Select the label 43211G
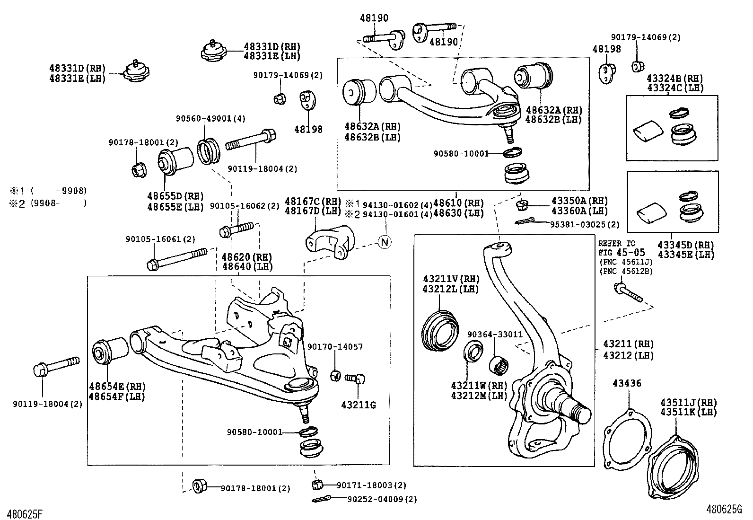[x=359, y=405]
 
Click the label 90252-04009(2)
[x=382, y=499]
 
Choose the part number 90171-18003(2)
[x=371, y=485]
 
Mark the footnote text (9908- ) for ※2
[x=58, y=203]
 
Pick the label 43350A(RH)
[x=579, y=201]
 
